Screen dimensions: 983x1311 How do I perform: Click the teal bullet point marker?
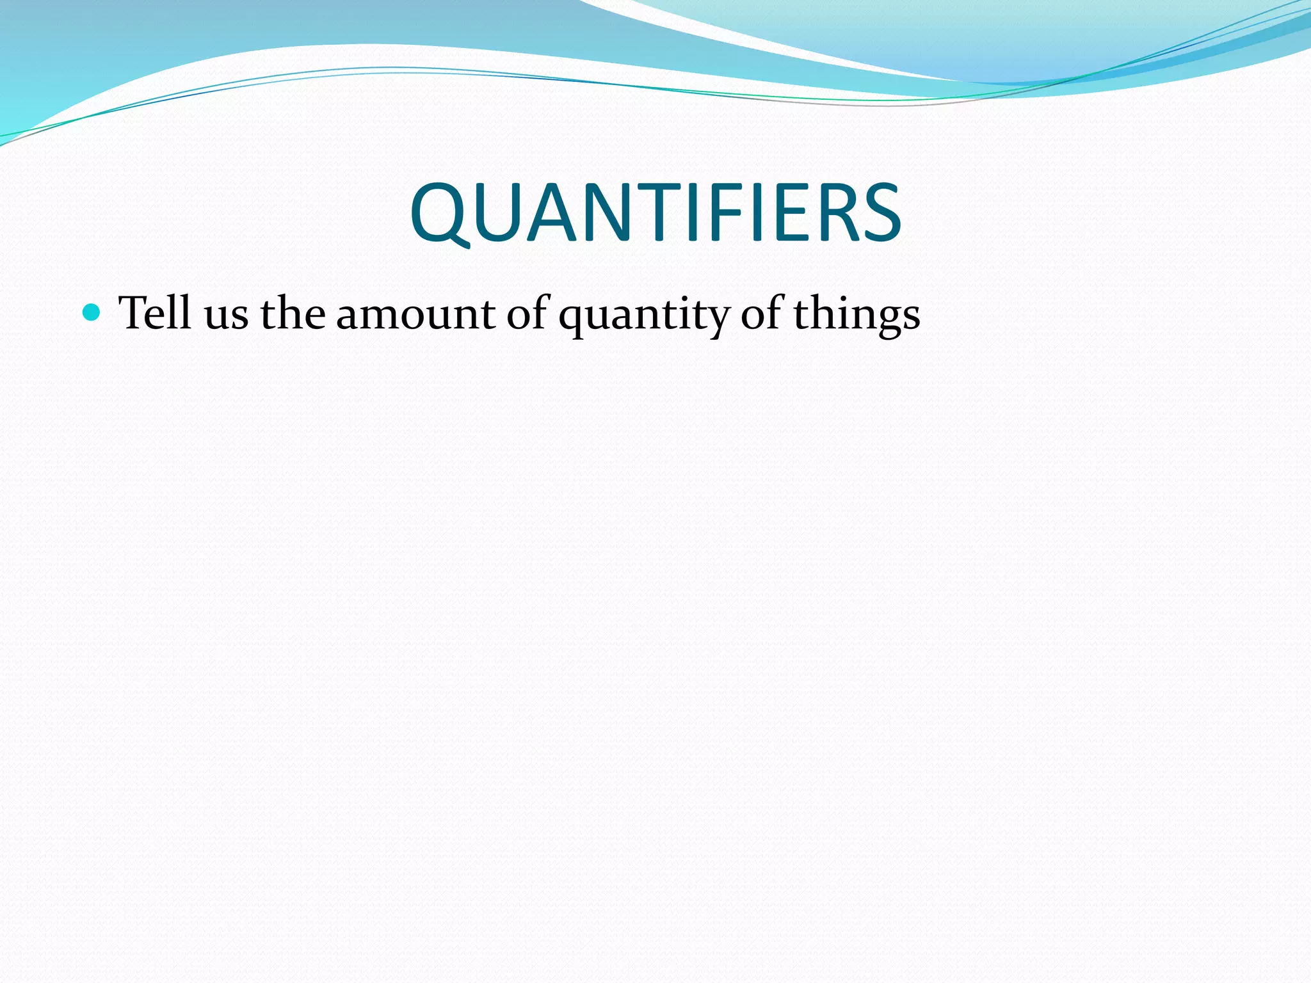(x=92, y=312)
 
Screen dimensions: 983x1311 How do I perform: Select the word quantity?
(x=644, y=317)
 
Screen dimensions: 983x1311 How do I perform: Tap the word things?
(x=857, y=315)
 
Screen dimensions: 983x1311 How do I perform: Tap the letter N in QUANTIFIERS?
(x=609, y=212)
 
